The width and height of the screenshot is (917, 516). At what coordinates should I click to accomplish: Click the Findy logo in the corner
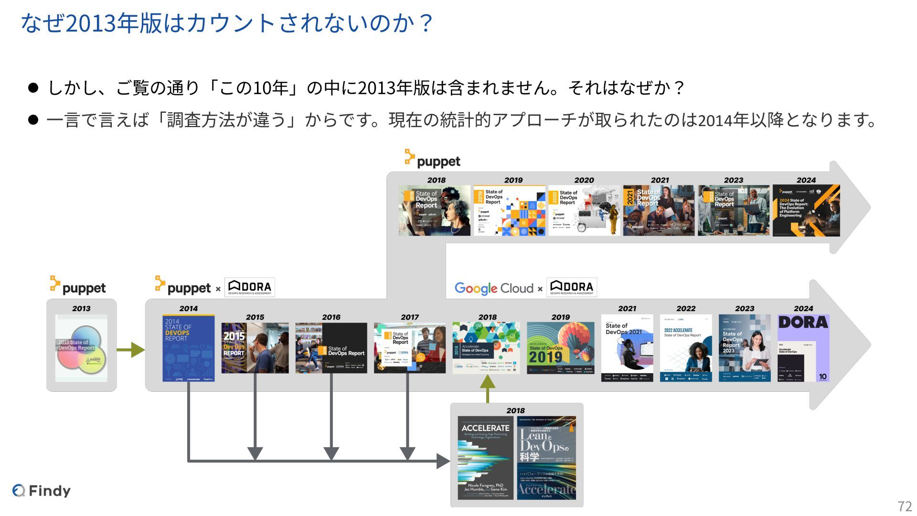(42, 490)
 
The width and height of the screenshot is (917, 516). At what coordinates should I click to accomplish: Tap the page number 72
(905, 506)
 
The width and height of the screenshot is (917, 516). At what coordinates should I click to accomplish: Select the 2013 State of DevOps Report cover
(81, 348)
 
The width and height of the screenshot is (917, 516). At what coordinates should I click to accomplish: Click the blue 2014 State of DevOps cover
(188, 348)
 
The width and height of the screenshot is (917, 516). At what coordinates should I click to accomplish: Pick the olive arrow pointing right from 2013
(130, 350)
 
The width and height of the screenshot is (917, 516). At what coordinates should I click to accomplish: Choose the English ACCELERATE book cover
(485, 458)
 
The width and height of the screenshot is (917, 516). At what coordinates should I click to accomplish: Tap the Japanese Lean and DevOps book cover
(546, 458)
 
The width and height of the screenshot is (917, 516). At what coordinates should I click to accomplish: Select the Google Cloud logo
(494, 288)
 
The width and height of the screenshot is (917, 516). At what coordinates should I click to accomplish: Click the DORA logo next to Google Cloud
(572, 287)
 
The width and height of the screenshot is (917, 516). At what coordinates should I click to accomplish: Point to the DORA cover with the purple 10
(803, 348)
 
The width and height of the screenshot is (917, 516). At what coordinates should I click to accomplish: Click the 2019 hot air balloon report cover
(560, 348)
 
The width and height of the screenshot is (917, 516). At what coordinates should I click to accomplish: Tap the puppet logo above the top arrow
(433, 160)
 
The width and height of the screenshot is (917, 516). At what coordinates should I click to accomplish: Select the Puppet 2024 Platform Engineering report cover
(806, 211)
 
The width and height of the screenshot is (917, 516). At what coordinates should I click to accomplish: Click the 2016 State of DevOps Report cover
(331, 348)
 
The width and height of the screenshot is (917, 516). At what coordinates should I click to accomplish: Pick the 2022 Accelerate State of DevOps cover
(686, 348)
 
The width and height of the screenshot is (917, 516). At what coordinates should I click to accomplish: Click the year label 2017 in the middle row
(410, 317)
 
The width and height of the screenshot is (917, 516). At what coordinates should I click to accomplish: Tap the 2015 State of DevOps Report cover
(255, 348)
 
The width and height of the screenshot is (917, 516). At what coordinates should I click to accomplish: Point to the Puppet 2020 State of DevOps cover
(584, 211)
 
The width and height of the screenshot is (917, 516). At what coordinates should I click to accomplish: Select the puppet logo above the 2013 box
(78, 286)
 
